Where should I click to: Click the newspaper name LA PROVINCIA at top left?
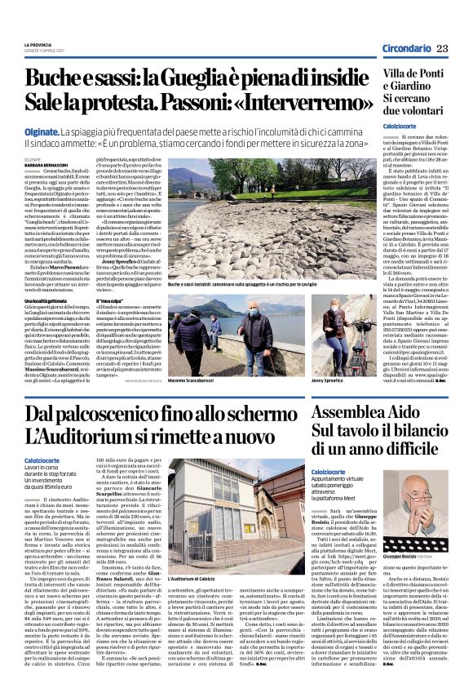click(x=38, y=44)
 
